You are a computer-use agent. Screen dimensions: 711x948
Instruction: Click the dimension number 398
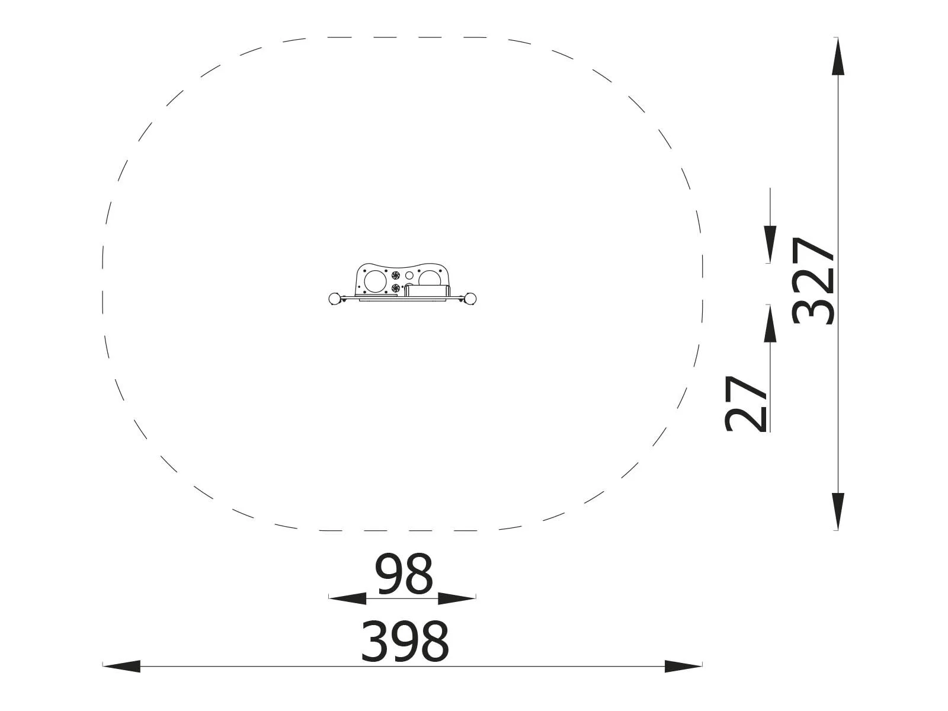[x=405, y=641]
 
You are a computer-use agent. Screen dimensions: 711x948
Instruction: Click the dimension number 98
[x=404, y=574]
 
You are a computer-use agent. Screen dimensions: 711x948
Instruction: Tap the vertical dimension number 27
[x=746, y=403]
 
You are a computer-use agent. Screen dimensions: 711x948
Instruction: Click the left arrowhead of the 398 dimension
[x=122, y=666]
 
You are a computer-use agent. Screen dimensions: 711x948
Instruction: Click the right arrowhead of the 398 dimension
[x=683, y=666]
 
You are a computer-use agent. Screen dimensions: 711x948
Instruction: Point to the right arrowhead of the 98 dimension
[x=456, y=598]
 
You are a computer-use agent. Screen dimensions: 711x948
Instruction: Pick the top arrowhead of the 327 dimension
[x=838, y=56]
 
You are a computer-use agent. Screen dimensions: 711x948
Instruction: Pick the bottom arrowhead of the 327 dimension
[x=838, y=511]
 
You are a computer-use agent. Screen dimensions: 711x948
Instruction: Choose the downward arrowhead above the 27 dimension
[x=770, y=244]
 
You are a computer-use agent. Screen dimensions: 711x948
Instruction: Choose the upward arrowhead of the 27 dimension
[x=770, y=324]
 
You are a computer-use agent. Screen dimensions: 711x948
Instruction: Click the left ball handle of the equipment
[x=335, y=298]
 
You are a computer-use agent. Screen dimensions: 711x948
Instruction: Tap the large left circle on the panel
[x=374, y=280]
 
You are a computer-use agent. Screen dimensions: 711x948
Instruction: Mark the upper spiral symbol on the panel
[x=396, y=276]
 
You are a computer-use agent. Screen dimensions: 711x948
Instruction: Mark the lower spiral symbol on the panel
[x=396, y=288]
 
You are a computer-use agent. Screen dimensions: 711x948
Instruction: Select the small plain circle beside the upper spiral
[x=409, y=276]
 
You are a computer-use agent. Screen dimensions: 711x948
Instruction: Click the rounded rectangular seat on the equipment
[x=427, y=290]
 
